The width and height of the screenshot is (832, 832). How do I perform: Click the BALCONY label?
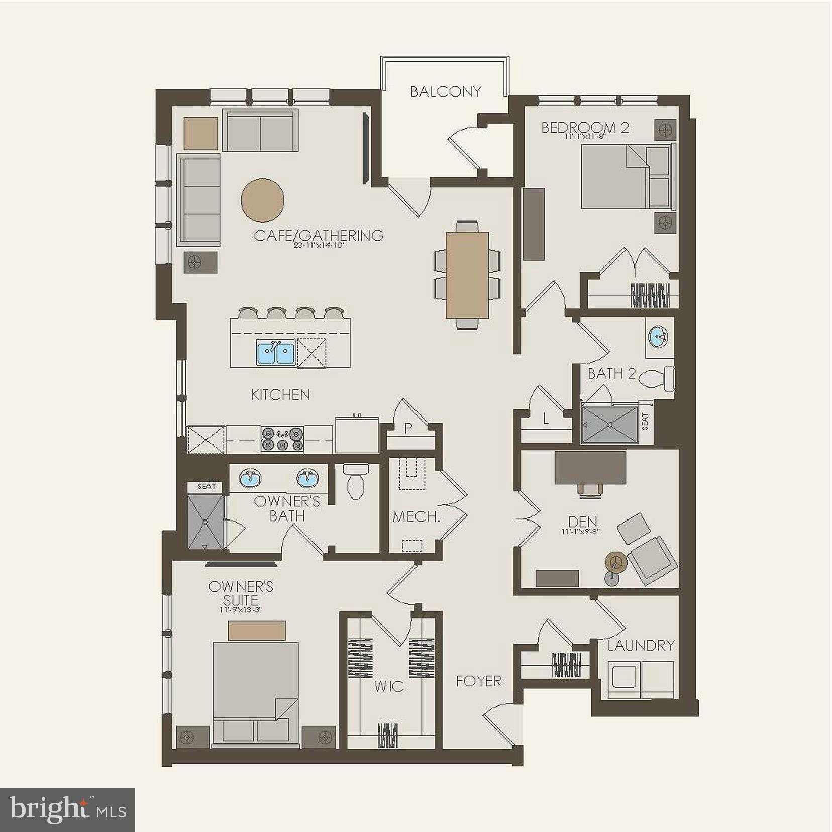pos(445,91)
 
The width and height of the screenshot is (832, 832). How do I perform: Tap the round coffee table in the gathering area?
pos(262,199)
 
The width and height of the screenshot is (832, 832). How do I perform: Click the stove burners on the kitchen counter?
pos(282,438)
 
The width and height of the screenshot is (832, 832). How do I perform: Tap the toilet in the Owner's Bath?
pos(355,481)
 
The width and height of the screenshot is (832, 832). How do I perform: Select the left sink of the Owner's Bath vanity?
pos(250,479)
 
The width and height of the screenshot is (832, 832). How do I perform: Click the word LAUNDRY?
pos(641,645)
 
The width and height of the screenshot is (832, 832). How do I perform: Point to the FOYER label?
pos(479,681)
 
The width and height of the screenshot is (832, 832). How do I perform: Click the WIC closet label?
pos(389,686)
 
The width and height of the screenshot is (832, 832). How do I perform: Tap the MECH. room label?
pos(416,517)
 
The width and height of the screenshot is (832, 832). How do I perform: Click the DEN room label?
pos(583,523)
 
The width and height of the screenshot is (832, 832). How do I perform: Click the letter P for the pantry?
pos(408,428)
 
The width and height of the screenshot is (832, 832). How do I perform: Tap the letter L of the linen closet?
pos(546,419)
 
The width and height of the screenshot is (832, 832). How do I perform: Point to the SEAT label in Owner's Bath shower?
pos(206,486)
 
